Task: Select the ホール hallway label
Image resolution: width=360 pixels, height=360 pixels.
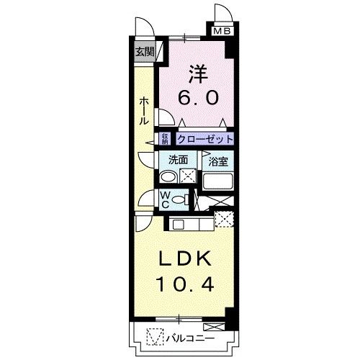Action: [144, 111]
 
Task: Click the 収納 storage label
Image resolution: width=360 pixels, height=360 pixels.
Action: [165, 139]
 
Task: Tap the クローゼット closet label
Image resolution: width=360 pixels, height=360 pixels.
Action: [205, 139]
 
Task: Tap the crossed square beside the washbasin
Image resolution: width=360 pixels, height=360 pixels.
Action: [188, 176]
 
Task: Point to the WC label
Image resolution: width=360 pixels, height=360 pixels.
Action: [164, 199]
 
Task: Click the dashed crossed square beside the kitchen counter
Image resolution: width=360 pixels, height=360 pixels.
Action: [225, 220]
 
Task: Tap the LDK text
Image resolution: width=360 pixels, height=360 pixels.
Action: [184, 258]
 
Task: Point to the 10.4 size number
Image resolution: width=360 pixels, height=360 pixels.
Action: [184, 284]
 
